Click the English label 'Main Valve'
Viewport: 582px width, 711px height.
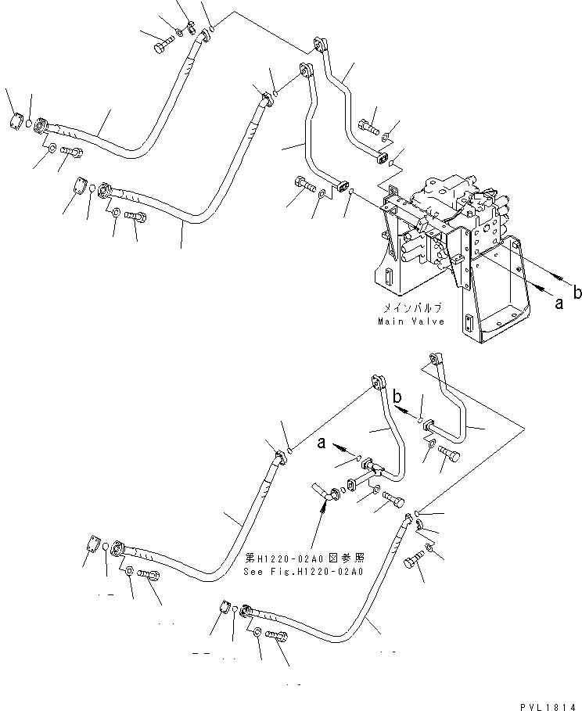pyautogui.click(x=411, y=321)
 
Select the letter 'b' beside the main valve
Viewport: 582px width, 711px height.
pyautogui.click(x=577, y=293)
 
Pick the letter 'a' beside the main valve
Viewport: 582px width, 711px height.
pyautogui.click(x=559, y=304)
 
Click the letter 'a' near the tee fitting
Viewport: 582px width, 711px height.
pyautogui.click(x=322, y=444)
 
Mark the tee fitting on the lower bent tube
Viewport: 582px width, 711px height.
pyautogui.click(x=374, y=469)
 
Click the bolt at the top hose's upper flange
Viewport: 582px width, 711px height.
pyautogui.click(x=164, y=45)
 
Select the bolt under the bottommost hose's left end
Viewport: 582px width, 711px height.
pyautogui.click(x=275, y=637)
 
